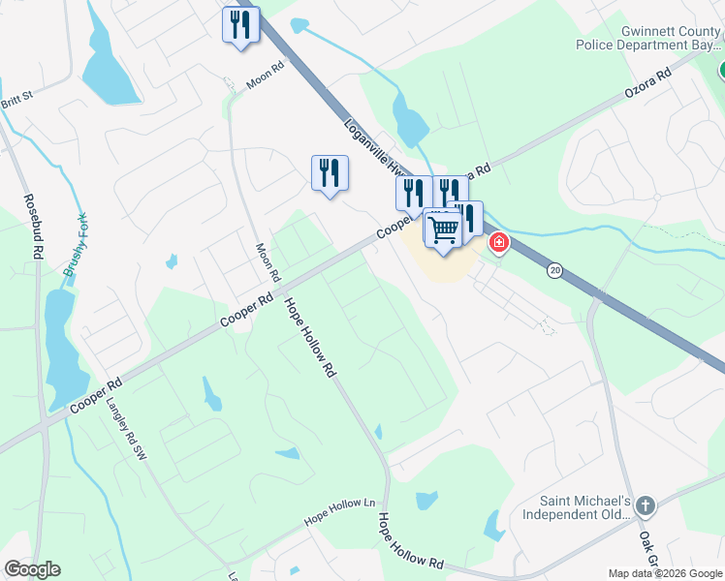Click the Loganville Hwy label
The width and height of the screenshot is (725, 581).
tap(368, 150)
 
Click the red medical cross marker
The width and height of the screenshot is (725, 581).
tap(499, 242)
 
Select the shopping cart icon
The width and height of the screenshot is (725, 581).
tap(443, 230)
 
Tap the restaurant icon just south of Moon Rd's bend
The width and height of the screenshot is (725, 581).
tap(330, 172)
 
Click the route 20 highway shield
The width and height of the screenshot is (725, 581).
tap(554, 269)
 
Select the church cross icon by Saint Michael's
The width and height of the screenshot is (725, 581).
tap(646, 505)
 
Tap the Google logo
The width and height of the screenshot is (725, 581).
tap(32, 569)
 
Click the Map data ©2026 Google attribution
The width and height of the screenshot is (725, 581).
tap(665, 573)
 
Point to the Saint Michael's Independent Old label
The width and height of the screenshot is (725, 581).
tap(587, 509)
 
